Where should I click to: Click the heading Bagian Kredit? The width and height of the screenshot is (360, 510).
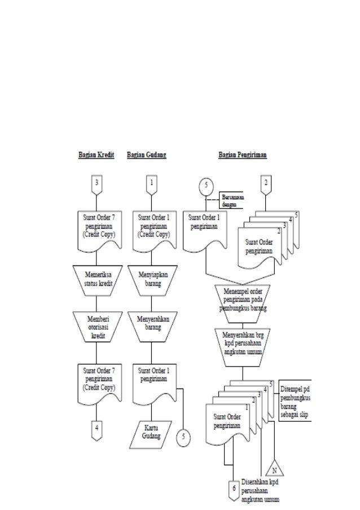pos(96,155)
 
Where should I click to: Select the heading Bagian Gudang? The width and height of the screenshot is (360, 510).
pos(147,155)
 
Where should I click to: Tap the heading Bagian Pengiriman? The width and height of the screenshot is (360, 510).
pos(243,155)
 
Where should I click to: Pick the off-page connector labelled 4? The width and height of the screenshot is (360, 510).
pos(96,427)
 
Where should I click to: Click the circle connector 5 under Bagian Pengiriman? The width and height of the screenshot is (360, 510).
pos(207,185)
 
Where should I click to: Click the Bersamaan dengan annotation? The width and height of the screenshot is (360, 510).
pos(232,200)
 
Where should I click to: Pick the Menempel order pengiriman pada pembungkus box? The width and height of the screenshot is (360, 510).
pos(242,299)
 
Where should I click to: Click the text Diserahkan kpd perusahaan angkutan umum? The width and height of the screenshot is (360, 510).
pos(260,491)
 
